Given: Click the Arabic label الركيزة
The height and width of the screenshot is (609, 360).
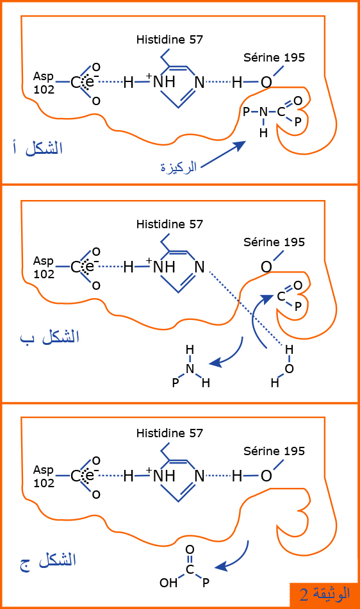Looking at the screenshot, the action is (x=179, y=167).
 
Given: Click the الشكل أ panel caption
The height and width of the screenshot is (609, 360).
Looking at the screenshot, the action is (x=38, y=148).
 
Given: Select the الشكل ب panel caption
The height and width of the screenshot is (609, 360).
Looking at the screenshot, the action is (x=50, y=337).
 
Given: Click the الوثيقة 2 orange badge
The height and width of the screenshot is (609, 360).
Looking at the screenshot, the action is (x=324, y=594).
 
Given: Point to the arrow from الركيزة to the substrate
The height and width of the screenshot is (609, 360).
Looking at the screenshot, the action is (x=224, y=154).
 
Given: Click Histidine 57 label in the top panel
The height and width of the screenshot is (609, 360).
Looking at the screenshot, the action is (x=170, y=39).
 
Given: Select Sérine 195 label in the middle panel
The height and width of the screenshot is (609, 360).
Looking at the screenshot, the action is (x=274, y=242).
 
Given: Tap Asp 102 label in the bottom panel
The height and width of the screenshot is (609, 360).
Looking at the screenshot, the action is (x=44, y=476).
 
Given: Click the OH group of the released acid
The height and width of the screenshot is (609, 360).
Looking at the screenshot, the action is (x=168, y=583).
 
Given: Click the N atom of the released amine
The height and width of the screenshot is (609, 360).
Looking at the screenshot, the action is (x=190, y=369).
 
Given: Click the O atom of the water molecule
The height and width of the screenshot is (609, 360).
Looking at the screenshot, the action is (x=289, y=369).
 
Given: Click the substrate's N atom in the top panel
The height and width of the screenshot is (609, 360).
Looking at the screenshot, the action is (x=263, y=112).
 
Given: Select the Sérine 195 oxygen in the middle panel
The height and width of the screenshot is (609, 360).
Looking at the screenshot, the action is (x=266, y=267).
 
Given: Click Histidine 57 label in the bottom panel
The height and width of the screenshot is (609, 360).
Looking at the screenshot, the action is (x=170, y=433).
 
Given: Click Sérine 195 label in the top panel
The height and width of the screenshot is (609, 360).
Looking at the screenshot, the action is (x=274, y=58).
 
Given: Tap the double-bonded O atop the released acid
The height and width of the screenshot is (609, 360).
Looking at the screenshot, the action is (x=190, y=549).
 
